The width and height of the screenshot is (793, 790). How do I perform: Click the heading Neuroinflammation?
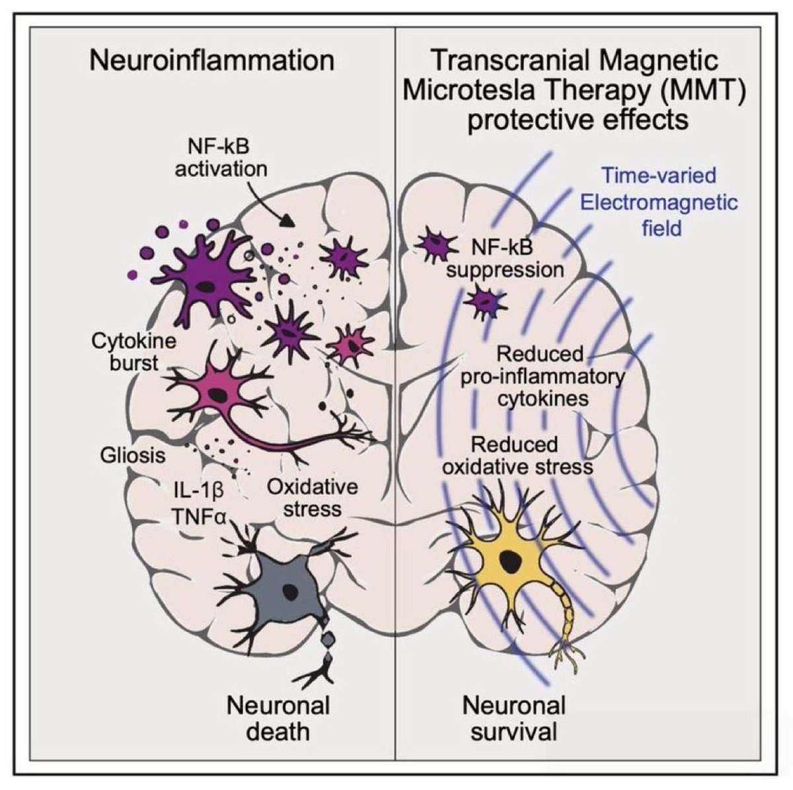click(x=211, y=60)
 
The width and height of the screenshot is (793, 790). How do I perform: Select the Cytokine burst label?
click(x=134, y=352)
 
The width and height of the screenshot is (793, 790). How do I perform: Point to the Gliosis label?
click(x=133, y=455)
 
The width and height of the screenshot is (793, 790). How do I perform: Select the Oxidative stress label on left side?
click(x=313, y=498)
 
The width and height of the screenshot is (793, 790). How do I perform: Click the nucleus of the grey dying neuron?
click(x=289, y=591)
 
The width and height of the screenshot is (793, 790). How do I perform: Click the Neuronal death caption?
click(x=278, y=717)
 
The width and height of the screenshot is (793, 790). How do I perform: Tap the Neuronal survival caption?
click(x=513, y=717)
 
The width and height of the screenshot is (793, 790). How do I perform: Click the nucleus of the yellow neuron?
click(x=510, y=563)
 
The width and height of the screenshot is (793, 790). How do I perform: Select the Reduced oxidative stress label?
click(x=517, y=456)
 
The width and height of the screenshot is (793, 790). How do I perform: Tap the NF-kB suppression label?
click(x=506, y=258)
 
